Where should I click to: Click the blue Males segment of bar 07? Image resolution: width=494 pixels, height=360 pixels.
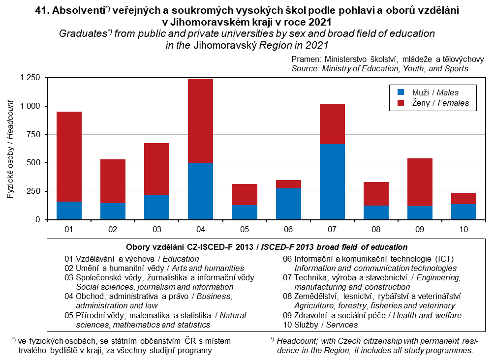tap(332, 181)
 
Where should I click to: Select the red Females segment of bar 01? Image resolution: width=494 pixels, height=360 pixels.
tap(69, 156)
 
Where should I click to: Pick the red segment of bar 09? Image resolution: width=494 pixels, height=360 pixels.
tap(420, 182)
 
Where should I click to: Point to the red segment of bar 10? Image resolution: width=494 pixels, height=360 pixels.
tap(464, 198)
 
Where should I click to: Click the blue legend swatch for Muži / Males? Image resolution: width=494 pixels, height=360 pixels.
tap(401, 92)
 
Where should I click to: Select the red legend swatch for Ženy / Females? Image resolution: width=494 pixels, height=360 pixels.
tap(401, 103)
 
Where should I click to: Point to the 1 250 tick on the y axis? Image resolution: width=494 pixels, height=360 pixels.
tap(30, 78)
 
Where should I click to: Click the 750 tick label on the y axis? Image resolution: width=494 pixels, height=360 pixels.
tap(33, 134)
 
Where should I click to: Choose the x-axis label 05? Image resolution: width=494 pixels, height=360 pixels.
tap(244, 229)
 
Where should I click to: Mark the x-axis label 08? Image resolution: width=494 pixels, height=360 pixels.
tap(376, 229)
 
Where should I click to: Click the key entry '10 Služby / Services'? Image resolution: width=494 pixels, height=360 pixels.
tap(320, 325)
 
